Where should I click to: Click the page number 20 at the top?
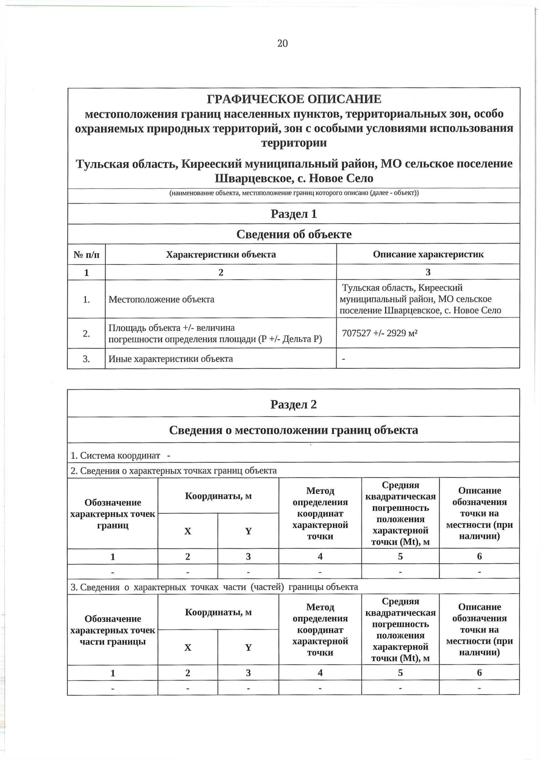pyautogui.click(x=282, y=43)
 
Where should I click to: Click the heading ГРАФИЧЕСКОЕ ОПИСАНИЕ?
pyautogui.click(x=294, y=99)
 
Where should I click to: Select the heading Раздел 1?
pyautogui.click(x=294, y=214)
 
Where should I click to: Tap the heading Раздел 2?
pyautogui.click(x=294, y=404)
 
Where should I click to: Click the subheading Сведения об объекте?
pyautogui.click(x=294, y=234)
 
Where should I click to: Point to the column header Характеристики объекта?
pyautogui.click(x=221, y=254)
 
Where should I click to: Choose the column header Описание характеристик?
pyautogui.click(x=428, y=254)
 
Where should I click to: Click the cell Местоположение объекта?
pyautogui.click(x=161, y=299)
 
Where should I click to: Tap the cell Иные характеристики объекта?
pyautogui.click(x=171, y=359)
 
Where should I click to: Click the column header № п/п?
pyautogui.click(x=86, y=255)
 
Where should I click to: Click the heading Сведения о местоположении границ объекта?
pyautogui.click(x=294, y=430)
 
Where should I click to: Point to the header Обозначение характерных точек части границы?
pyautogui.click(x=113, y=630)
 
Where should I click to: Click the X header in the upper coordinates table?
pyautogui.click(x=188, y=531)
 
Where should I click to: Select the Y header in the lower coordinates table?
pyautogui.click(x=248, y=647)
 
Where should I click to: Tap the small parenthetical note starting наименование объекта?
pyautogui.click(x=294, y=193)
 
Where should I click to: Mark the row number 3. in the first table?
pyautogui.click(x=86, y=359)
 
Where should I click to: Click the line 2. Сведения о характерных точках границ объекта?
pyautogui.click(x=174, y=471)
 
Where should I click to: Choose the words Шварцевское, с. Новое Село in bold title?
pyautogui.click(x=294, y=178)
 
